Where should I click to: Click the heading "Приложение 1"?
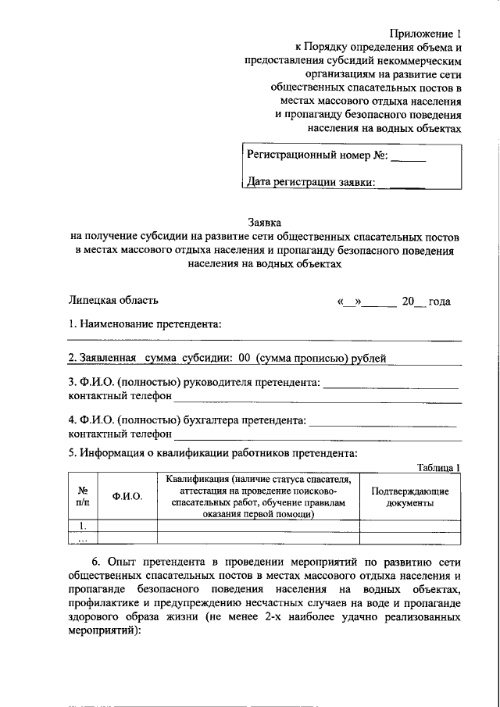coord(426,34)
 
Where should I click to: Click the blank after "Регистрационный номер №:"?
coord(407,156)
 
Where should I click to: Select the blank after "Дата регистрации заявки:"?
coord(406,184)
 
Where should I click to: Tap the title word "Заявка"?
coord(265,222)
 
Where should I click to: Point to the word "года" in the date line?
coord(440,302)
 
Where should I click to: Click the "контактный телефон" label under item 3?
coord(120,396)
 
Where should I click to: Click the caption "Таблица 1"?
coord(439,467)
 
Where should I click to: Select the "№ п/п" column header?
coord(82,498)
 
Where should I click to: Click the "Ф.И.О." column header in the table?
coord(127,498)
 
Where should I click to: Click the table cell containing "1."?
coord(82,527)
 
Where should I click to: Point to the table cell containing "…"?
coord(82,537)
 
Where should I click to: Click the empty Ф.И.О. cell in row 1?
coord(127,527)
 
